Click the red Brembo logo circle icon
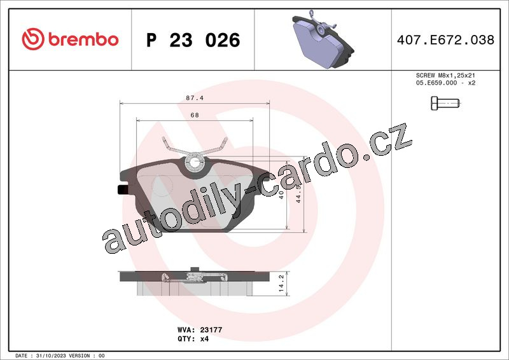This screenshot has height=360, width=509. click(x=33, y=39)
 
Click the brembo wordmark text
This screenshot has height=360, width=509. click(x=83, y=39)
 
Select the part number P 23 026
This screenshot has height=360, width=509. click(x=193, y=40)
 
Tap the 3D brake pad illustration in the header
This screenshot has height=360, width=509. click(x=323, y=39)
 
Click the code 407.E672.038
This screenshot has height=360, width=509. click(x=445, y=40)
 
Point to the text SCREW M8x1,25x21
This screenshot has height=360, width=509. click(x=445, y=75)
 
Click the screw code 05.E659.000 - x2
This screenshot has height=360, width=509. click(x=445, y=83)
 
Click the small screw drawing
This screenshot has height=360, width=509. click(x=446, y=104)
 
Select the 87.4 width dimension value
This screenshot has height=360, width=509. click(x=195, y=98)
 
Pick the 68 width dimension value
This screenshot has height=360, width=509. click(x=195, y=115)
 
